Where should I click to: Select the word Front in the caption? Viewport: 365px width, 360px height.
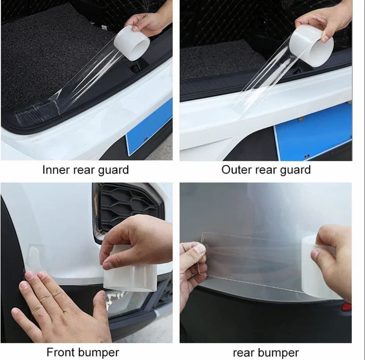pyautogui.click(x=60, y=352)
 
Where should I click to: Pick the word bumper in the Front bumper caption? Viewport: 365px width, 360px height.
pyautogui.click(x=97, y=353)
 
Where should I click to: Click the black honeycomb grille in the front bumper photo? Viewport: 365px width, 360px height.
pyautogui.click(x=127, y=208)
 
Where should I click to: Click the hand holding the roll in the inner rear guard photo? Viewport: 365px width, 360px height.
pyautogui.click(x=149, y=23)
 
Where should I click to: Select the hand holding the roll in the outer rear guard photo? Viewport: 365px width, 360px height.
pyautogui.click(x=326, y=22)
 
